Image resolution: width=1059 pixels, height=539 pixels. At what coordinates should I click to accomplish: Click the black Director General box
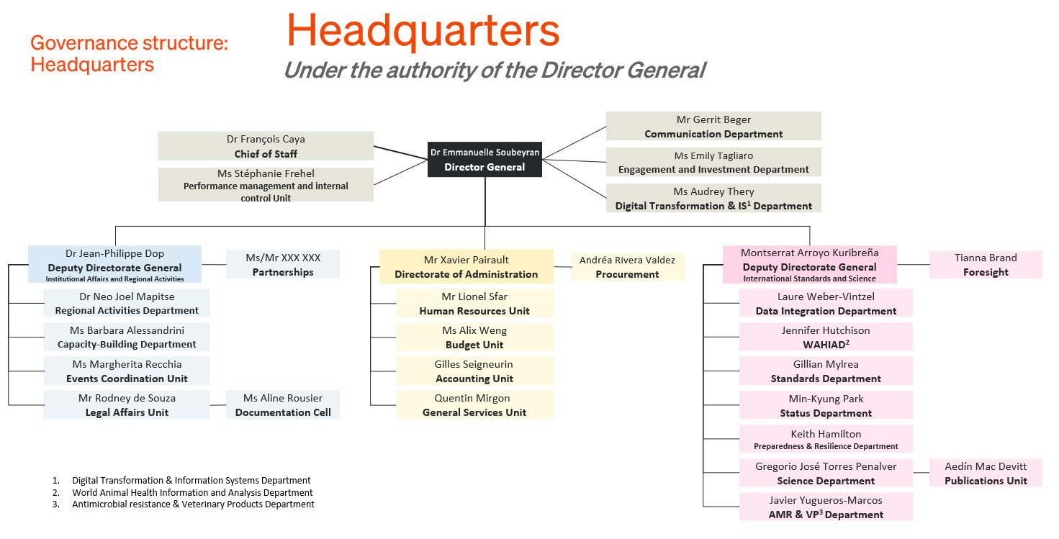[485, 159]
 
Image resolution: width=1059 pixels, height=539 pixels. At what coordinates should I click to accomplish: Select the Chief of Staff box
[266, 146]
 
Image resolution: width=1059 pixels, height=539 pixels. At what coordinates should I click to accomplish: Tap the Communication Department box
[713, 126]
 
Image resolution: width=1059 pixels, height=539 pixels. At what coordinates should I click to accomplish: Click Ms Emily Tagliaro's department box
[713, 162]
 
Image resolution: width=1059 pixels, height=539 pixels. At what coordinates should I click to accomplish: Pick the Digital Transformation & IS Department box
[713, 198]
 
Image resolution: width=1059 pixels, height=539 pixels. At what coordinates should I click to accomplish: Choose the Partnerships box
[283, 264]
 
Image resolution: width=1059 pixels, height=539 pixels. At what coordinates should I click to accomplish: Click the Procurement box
[628, 267]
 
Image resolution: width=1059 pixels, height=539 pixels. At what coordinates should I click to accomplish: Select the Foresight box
[986, 264]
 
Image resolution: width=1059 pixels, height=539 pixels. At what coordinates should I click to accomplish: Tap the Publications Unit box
[986, 473]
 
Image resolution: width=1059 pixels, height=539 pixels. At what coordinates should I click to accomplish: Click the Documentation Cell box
[283, 404]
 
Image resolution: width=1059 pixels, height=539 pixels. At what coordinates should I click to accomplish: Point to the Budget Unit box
[474, 337]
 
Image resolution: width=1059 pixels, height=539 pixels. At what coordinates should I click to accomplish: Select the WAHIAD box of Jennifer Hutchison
[826, 337]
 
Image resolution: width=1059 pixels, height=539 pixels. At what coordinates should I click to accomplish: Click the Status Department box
[826, 405]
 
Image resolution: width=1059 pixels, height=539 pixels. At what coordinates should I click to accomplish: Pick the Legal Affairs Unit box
[127, 404]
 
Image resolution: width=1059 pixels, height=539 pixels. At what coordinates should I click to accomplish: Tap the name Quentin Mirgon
[472, 398]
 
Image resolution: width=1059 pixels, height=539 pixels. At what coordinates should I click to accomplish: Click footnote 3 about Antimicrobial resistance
[193, 504]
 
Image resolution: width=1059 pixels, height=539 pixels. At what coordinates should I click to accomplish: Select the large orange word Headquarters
[423, 30]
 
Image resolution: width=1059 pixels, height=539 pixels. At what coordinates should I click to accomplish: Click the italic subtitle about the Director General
[494, 70]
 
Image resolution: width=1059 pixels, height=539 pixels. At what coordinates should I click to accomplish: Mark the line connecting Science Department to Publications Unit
[921, 474]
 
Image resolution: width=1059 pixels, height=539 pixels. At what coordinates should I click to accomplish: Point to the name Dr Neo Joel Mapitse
[127, 296]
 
